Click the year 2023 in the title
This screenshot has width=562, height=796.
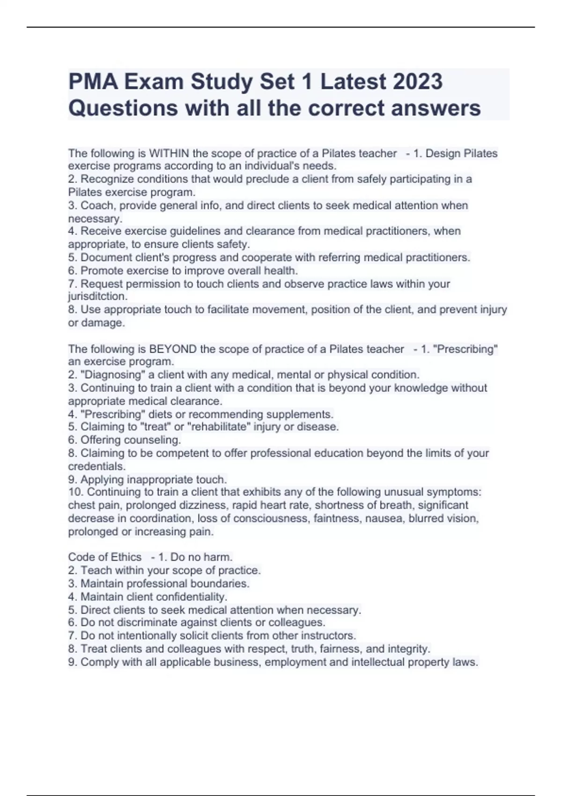click(x=417, y=81)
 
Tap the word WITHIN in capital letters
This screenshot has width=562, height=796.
click(x=169, y=153)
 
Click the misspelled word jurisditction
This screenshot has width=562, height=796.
click(x=97, y=296)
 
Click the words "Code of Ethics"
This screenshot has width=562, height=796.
click(x=104, y=557)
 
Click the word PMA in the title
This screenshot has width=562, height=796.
click(x=93, y=81)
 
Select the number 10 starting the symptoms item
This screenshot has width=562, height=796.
click(x=75, y=492)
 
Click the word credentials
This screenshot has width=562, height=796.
click(x=96, y=466)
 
